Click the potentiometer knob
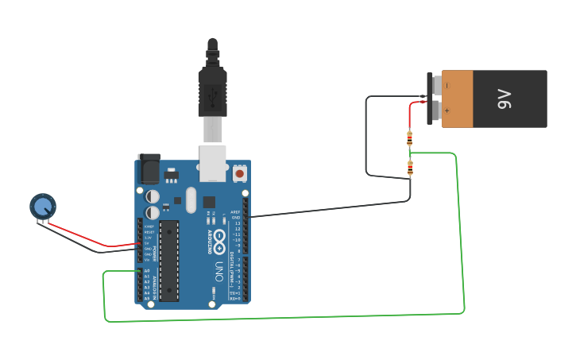click(x=43, y=207)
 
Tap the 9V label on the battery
click(x=504, y=99)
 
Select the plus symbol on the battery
click(x=446, y=110)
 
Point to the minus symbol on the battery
click(x=446, y=85)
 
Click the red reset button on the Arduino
click(x=240, y=172)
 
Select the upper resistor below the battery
click(x=409, y=139)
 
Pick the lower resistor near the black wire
click(x=410, y=168)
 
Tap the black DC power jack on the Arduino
click(x=149, y=169)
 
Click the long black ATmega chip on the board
click(x=168, y=261)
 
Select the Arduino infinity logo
click(x=218, y=239)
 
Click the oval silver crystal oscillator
click(x=190, y=200)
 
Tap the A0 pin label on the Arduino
click(x=147, y=271)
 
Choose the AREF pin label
click(x=235, y=212)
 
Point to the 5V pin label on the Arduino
click(x=148, y=243)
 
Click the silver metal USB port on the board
click(x=212, y=159)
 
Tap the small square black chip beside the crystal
click(x=209, y=202)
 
